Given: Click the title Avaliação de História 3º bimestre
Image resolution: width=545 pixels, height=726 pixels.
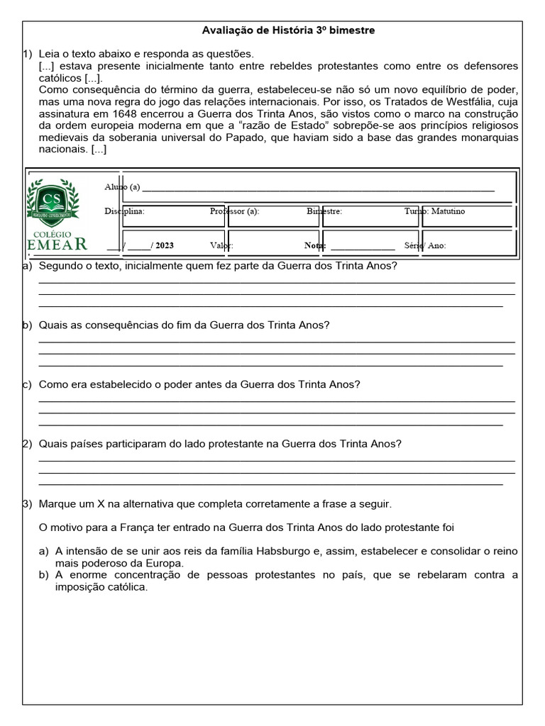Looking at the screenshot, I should [x=289, y=30].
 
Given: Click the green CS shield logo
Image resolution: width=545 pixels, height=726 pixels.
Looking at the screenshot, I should [x=53, y=201].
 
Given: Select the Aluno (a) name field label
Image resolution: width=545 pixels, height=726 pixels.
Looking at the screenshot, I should [x=122, y=187].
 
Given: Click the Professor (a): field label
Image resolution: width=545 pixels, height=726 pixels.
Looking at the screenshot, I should [x=234, y=211].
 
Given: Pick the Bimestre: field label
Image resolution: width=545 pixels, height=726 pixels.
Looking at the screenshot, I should [x=324, y=211].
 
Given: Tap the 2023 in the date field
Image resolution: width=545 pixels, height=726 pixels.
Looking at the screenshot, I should [x=164, y=245].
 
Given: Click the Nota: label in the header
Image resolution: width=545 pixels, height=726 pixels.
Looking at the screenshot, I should [x=314, y=245].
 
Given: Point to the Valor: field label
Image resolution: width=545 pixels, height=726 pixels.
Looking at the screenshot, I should [x=221, y=245].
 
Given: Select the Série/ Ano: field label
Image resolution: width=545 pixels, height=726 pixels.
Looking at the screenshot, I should [x=424, y=245].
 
